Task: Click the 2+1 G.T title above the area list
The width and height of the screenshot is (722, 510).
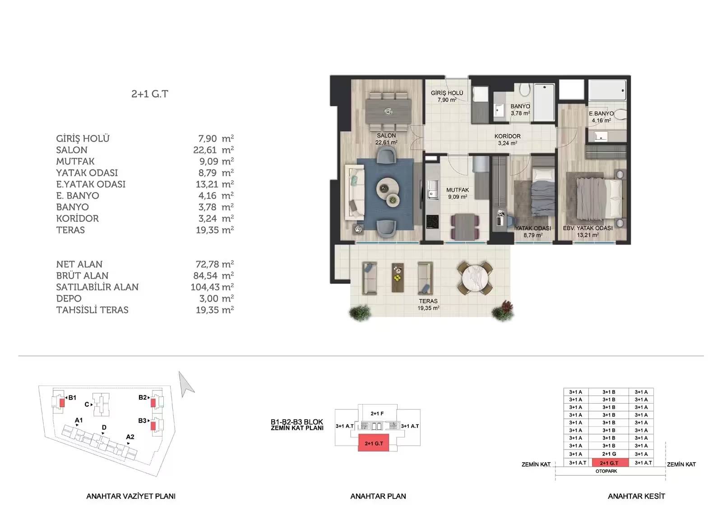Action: (149, 94)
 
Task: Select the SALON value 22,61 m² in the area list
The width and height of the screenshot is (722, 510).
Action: (213, 150)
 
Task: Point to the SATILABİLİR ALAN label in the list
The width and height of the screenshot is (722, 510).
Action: (97, 287)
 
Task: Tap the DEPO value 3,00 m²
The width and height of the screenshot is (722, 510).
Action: (216, 299)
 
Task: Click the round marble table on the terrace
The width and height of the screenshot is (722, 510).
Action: (475, 278)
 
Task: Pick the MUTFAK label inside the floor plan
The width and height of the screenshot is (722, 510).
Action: (458, 190)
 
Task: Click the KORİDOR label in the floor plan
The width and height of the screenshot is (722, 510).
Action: (507, 136)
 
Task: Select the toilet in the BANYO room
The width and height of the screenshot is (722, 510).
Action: (525, 90)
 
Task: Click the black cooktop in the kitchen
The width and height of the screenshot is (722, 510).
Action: (432, 222)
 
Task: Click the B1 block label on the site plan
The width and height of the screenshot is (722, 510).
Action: (72, 398)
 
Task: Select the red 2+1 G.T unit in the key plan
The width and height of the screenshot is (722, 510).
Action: (374, 442)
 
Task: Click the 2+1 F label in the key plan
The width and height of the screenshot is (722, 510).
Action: (377, 414)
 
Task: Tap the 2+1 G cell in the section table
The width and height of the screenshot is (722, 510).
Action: (609, 454)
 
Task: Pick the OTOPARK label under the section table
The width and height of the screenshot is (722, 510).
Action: (606, 471)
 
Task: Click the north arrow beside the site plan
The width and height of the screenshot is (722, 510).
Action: (186, 384)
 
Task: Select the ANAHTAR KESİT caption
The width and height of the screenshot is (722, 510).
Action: (636, 496)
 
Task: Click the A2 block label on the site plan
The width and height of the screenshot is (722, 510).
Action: (130, 437)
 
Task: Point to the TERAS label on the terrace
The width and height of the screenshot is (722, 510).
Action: (428, 301)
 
